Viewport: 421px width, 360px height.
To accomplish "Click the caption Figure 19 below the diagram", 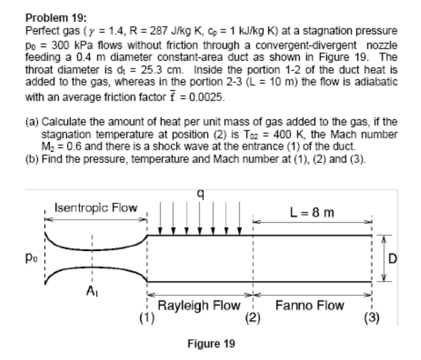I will (210, 344).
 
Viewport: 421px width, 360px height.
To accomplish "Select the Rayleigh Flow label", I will (199, 306).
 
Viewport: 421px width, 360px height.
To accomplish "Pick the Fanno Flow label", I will (310, 306).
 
